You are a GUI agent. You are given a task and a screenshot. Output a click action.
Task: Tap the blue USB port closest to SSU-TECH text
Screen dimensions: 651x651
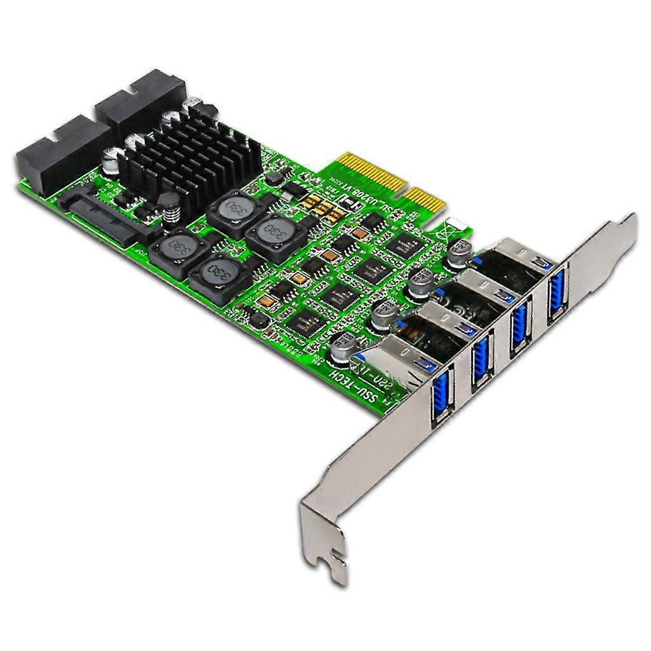[440, 398]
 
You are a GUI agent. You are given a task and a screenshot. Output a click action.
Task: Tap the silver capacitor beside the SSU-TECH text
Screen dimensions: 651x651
[343, 344]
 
